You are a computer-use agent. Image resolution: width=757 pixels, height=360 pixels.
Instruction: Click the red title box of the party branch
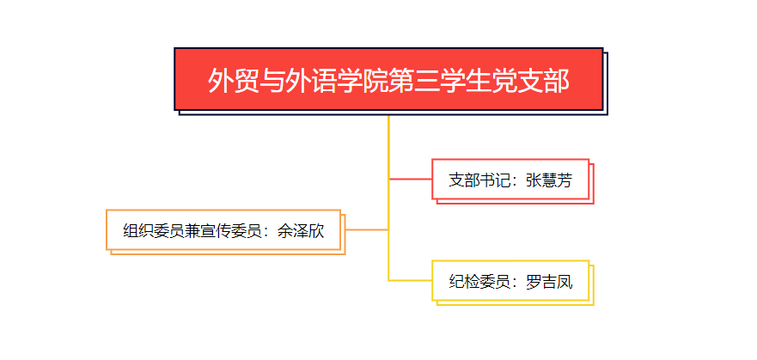click(388, 79)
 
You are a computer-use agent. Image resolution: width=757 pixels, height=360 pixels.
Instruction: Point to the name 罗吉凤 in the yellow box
click(549, 282)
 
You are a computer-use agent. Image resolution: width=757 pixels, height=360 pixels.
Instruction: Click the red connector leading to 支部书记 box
click(411, 180)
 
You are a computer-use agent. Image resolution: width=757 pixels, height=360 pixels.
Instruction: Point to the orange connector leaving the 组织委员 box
click(368, 229)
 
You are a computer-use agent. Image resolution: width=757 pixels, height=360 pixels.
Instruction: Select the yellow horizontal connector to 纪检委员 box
click(411, 280)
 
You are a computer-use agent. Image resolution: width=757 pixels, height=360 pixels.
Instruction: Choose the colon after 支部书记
click(516, 181)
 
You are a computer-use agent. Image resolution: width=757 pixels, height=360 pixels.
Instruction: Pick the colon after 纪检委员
click(516, 283)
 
